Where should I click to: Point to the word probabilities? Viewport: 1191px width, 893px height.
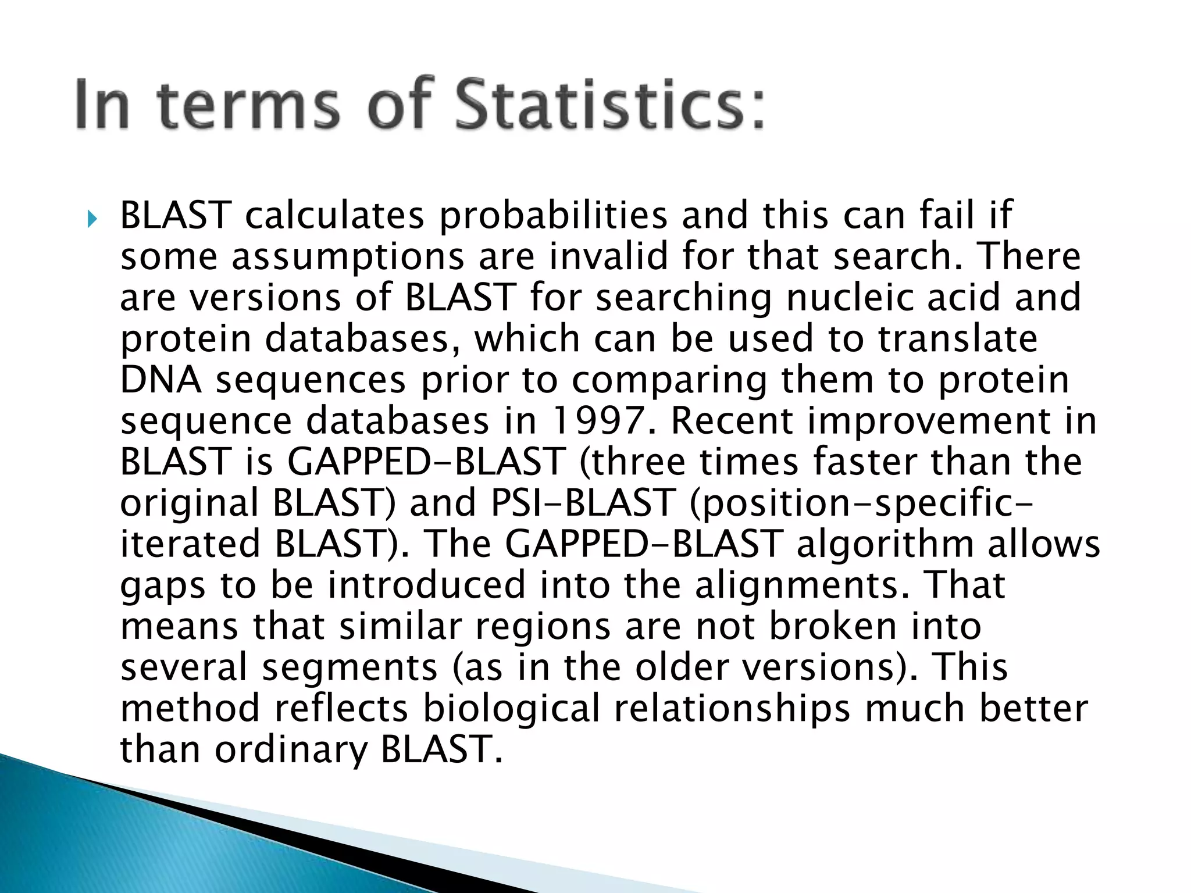pos(552,216)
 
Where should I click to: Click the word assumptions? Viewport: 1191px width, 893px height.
pos(348,258)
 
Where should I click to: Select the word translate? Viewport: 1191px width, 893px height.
pos(957,338)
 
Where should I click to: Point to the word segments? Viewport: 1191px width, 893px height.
pos(350,668)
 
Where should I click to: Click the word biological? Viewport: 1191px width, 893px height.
pos(511,709)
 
